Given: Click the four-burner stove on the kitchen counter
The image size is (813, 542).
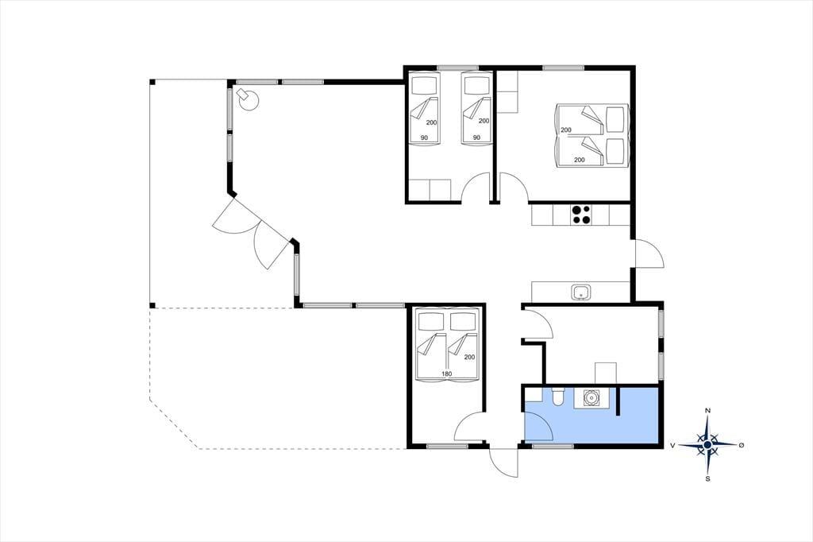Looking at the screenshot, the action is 580,215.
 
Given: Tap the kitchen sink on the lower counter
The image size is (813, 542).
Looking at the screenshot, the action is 581,292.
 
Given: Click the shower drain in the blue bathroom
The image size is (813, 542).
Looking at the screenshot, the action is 591,398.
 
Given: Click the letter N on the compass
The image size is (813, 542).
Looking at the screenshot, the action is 707,411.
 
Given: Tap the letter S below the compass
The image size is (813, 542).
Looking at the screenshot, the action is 707,478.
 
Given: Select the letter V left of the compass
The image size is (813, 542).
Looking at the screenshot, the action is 672,445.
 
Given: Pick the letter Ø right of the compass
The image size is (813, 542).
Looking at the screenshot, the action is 742,445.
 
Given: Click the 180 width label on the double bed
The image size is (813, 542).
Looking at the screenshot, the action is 446,374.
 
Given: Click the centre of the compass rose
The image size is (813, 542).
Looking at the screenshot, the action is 707,445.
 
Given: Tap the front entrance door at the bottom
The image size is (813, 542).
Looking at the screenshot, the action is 503,461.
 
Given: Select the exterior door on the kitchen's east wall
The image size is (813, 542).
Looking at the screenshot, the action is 648,254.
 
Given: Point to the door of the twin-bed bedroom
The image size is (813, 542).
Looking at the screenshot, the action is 476,187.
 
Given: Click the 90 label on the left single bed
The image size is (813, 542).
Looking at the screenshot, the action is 424,137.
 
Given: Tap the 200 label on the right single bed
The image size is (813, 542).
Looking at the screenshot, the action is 484,121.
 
